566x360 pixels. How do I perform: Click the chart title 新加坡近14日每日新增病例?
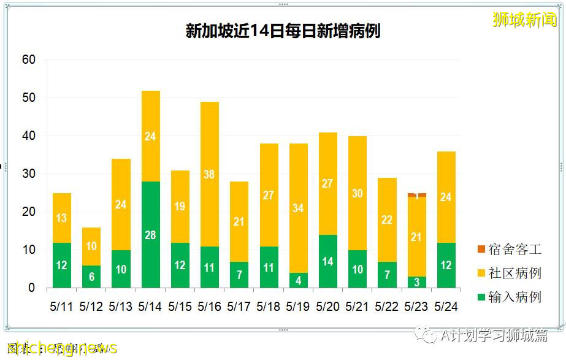283,31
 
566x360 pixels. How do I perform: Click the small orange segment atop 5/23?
417,195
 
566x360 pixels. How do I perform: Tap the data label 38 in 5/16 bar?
210,175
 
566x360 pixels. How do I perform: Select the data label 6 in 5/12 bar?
91,277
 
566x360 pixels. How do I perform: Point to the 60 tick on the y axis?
29,60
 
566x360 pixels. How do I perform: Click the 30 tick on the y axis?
29,174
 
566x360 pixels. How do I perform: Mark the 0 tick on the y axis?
32,288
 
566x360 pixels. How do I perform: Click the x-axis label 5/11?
62,306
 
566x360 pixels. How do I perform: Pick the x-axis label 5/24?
446,306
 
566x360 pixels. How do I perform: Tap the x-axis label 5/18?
269,306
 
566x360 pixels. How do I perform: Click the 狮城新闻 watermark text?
525,20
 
